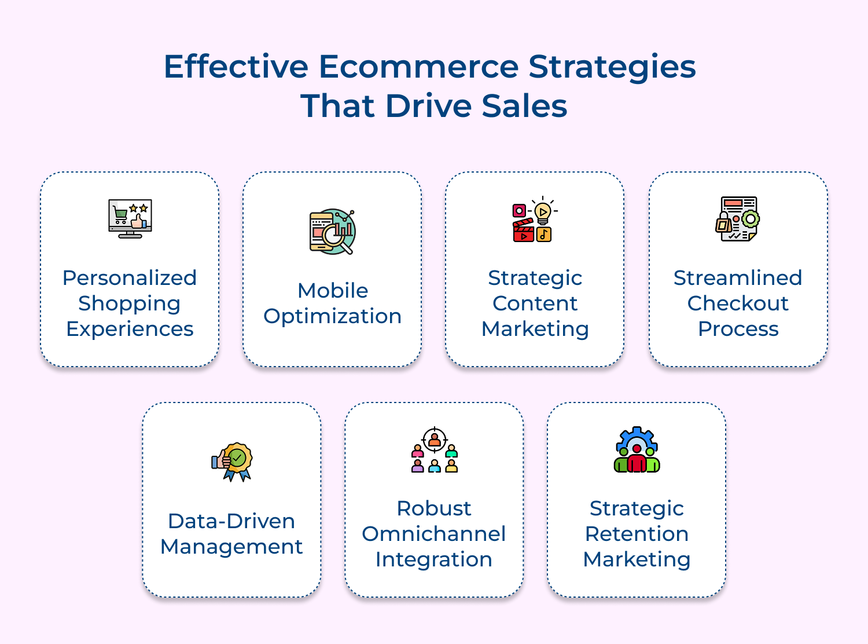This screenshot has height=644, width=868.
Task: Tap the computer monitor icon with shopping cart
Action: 130,219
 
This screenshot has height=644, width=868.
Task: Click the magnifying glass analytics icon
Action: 332,232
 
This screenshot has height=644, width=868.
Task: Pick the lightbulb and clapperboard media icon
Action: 534,219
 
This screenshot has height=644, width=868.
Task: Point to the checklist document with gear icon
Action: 738,219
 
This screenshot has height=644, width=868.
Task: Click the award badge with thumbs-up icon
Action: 232,462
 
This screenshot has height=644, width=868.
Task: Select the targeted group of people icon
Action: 435,450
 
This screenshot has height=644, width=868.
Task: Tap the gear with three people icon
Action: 637,450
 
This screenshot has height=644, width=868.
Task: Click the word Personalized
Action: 130,278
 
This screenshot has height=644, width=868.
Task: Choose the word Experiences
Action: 130,329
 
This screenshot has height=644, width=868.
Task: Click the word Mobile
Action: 333,291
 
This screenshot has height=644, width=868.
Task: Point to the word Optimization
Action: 332,316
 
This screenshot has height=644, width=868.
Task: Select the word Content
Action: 535,303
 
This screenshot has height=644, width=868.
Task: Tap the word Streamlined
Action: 738,278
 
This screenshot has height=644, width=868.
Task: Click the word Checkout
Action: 738,303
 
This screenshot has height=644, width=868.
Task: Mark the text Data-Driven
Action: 231,521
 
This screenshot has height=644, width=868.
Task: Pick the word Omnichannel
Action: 434,534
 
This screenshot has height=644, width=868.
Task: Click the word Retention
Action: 637,534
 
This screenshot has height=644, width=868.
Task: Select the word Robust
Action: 434,508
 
